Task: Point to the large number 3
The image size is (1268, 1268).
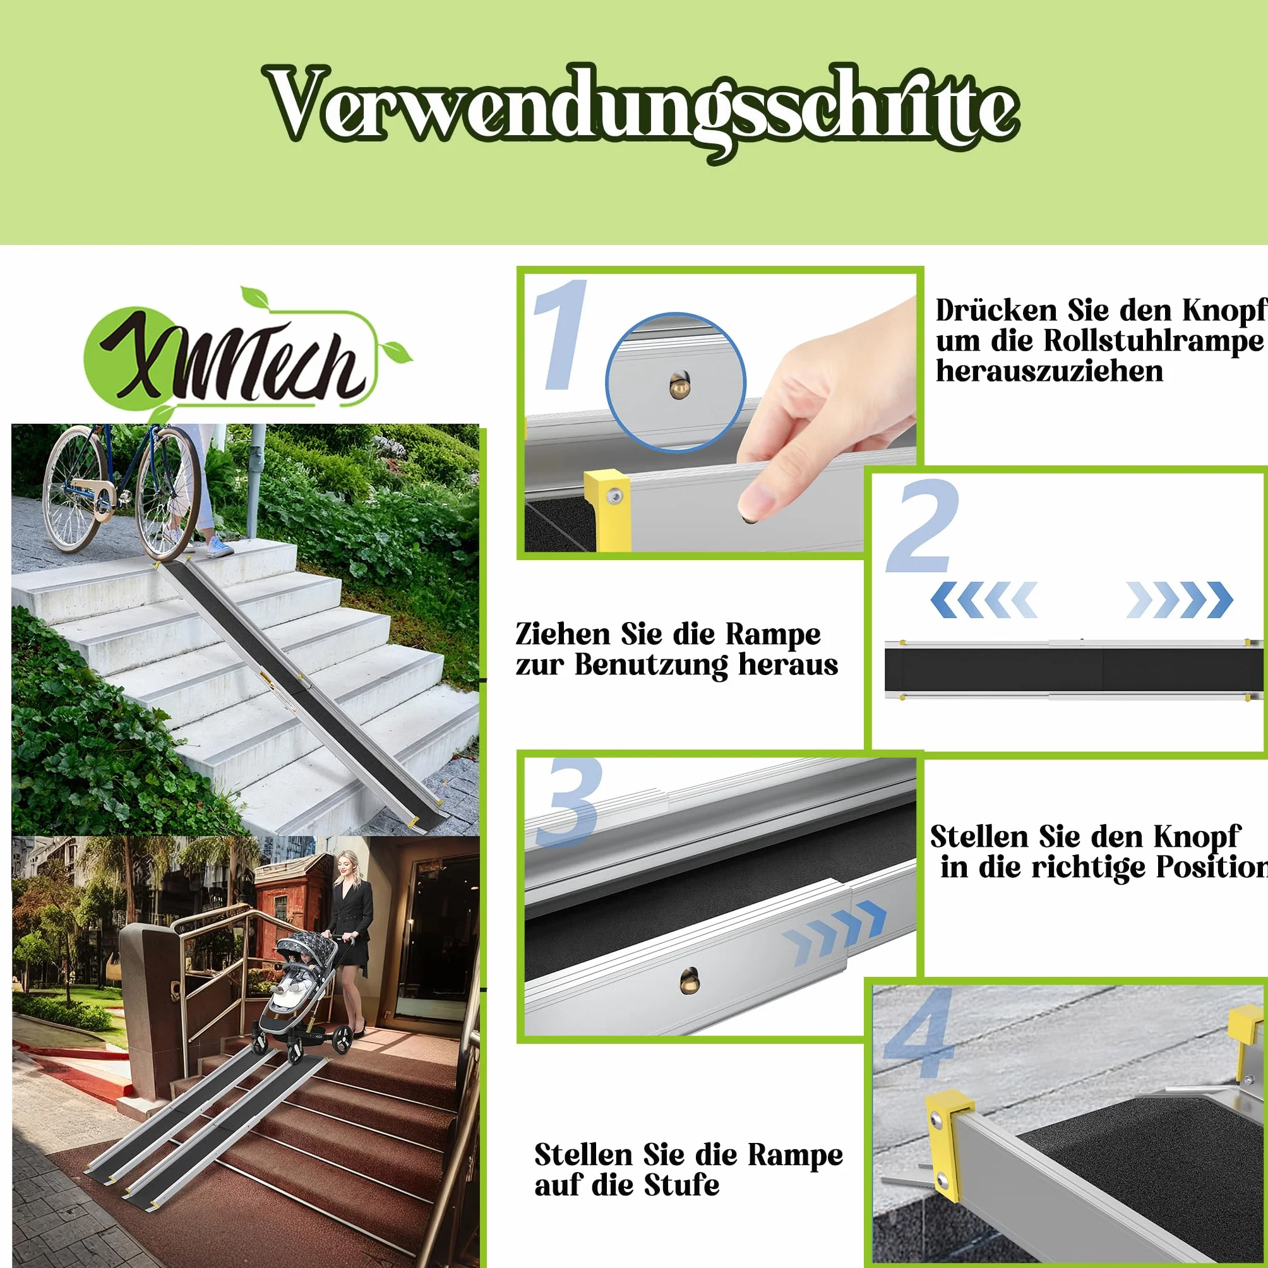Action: [568, 803]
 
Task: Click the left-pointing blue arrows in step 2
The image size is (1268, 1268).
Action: [984, 599]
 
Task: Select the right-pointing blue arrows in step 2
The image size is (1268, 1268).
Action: [1180, 599]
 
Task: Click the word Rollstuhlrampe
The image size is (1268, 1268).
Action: [1153, 341]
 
